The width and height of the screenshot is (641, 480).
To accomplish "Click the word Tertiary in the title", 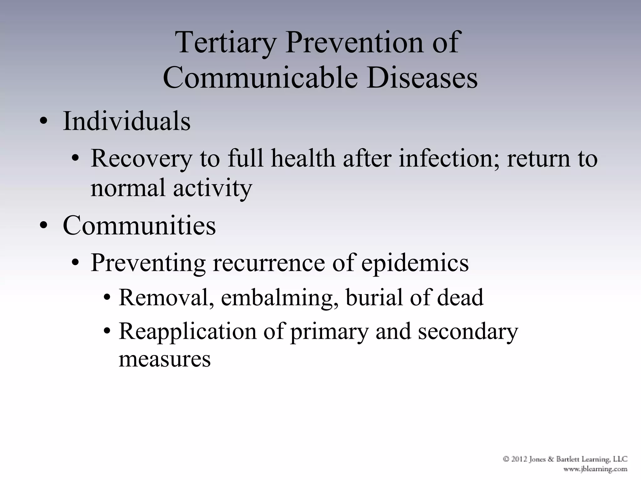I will click(x=226, y=43).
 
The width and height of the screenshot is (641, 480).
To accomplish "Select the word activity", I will click(x=213, y=188).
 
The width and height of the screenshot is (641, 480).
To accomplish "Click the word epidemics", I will click(x=415, y=262).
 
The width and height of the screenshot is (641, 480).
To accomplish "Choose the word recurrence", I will click(x=269, y=262).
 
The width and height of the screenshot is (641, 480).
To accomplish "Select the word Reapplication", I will click(x=187, y=331).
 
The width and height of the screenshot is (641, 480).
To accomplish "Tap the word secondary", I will click(x=468, y=331).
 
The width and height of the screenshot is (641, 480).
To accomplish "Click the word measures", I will click(x=165, y=359).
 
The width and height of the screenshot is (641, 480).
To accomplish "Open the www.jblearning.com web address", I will click(x=595, y=469).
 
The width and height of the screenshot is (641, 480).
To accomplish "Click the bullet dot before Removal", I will click(x=107, y=298).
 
